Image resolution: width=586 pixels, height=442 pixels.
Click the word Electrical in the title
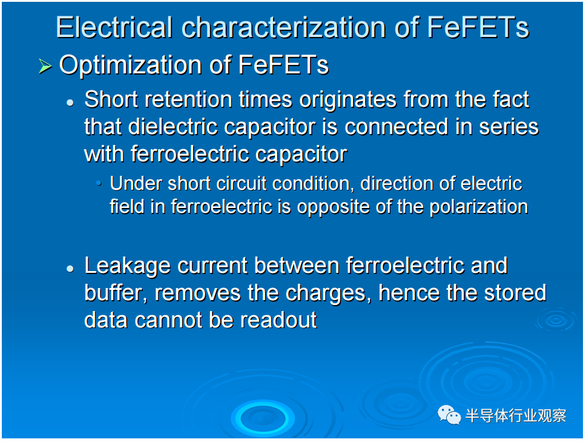tap(114, 27)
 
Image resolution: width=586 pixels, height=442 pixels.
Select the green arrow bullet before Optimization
tap(45, 67)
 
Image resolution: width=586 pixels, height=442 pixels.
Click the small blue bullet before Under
tap(99, 183)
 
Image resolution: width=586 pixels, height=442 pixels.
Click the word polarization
tap(479, 207)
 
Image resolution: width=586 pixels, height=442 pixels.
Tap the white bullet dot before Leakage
tap(70, 269)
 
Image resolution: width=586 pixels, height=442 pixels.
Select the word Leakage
tap(128, 266)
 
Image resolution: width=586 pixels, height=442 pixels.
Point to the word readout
tap(278, 320)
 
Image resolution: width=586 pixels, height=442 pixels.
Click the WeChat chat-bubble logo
tap(449, 415)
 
